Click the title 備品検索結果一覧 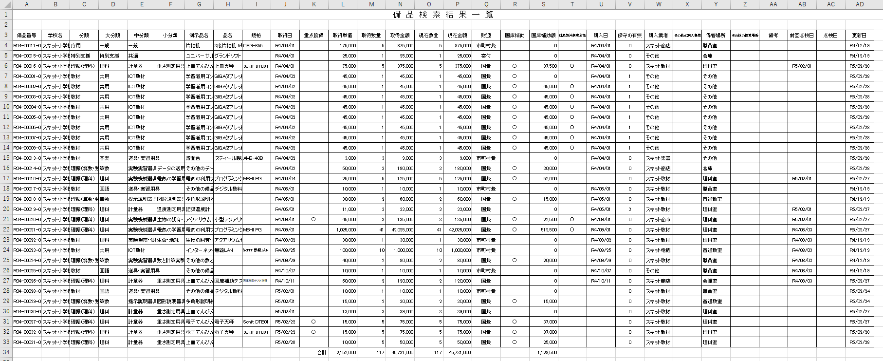coord(443,15)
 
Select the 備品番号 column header coord(27,36)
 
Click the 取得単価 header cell coord(343,36)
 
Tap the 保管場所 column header coord(716,36)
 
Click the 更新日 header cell coord(859,36)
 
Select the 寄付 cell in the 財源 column coord(486,56)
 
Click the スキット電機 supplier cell coord(658,250)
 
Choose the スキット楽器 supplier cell coord(658,158)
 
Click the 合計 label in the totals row coord(322,353)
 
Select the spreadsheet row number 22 coord(6,230)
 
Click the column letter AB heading coord(802,4)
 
